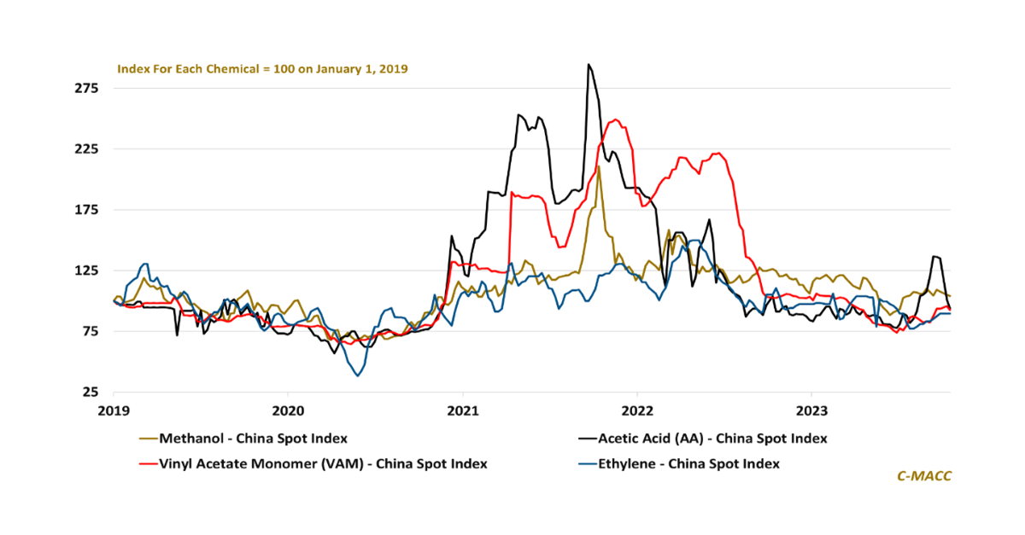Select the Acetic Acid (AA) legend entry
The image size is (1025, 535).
(x=712, y=439)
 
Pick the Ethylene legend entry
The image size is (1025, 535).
(x=688, y=464)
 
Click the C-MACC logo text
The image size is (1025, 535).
(x=923, y=476)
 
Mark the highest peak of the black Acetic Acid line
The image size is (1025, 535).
(x=589, y=64)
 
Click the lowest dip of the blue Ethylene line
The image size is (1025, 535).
(x=358, y=375)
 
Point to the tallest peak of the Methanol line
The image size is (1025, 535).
(x=599, y=166)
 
